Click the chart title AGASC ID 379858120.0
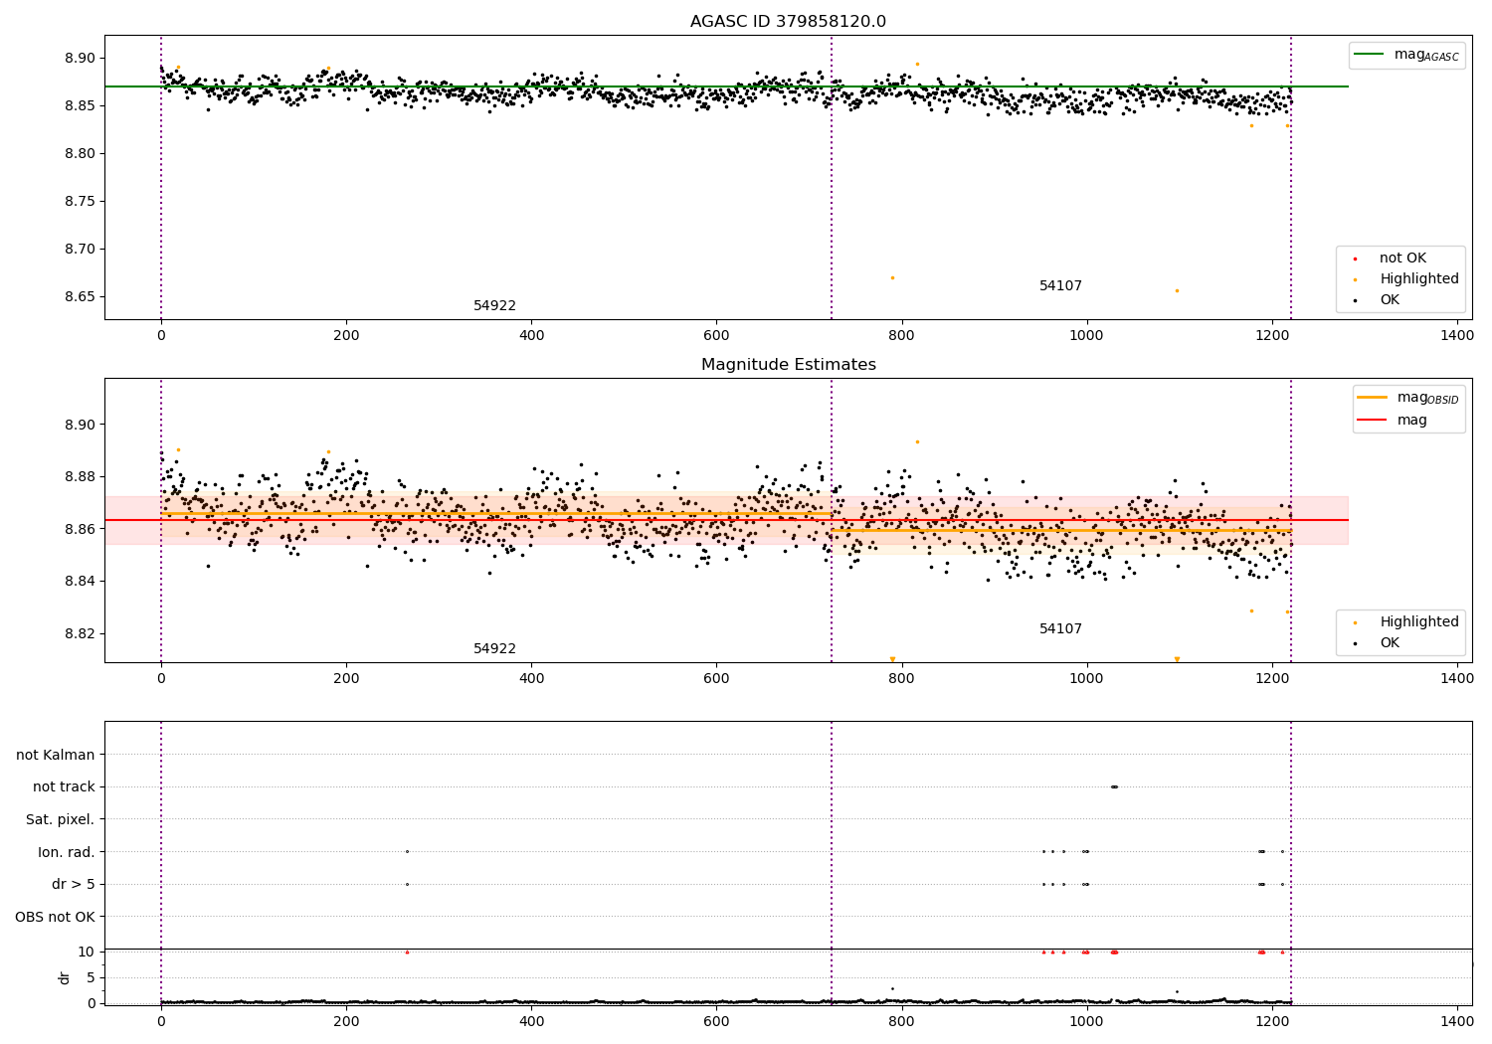point(788,22)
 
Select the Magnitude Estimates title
point(788,365)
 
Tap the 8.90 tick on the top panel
point(79,59)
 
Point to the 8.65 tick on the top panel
point(79,297)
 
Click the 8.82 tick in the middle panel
point(79,633)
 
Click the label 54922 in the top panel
point(494,306)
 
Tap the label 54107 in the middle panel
point(1060,629)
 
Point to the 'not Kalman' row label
point(56,756)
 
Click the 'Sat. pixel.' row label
point(60,820)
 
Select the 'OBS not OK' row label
point(55,917)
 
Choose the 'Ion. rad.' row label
point(66,852)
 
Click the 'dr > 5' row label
point(73,885)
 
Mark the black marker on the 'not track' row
point(1114,787)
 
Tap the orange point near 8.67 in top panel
point(892,278)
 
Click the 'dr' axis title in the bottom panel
point(65,977)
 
